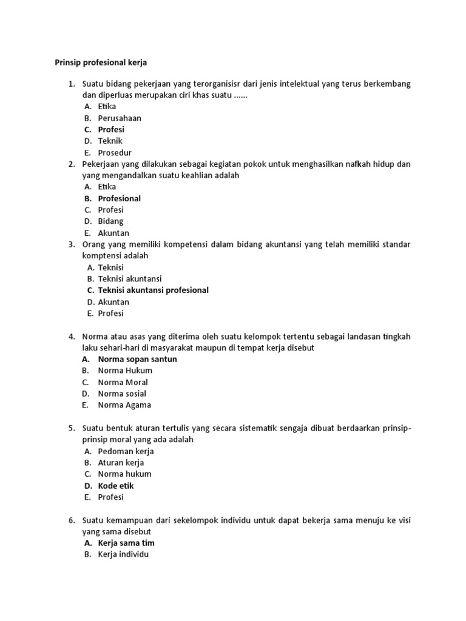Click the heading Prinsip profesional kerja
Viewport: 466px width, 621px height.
coord(101,62)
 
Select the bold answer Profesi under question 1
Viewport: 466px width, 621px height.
coord(111,130)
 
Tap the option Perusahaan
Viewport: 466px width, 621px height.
coord(120,118)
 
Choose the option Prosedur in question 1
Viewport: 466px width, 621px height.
coord(115,153)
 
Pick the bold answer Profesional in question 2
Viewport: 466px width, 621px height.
coord(120,198)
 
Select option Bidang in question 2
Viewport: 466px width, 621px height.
coord(110,221)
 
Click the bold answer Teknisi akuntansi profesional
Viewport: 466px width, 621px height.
coord(154,290)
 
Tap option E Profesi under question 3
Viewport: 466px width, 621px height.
coord(111,314)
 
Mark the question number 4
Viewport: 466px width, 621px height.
coord(71,336)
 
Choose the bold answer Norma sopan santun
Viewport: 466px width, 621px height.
coord(138,359)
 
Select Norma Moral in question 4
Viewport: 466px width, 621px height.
coord(123,382)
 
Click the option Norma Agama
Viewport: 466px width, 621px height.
coord(124,405)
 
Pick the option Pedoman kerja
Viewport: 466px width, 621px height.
coord(126,451)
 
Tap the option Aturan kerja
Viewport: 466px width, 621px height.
coord(121,463)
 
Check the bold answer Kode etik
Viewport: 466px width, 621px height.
coord(116,486)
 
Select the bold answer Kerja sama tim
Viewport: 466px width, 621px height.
coord(126,543)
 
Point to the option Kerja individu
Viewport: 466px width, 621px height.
coord(123,555)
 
